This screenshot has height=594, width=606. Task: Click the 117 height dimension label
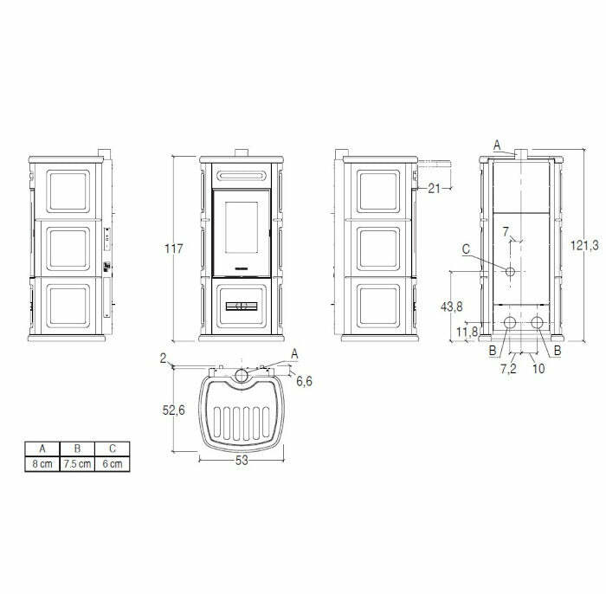point(173,249)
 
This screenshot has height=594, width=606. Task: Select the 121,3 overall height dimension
point(586,246)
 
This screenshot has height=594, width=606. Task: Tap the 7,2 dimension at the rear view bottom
point(508,368)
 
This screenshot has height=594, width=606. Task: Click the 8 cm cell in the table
point(42,464)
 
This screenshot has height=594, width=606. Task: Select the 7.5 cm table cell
point(78,464)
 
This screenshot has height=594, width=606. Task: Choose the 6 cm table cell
point(113,464)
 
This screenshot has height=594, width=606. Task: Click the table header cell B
point(78,449)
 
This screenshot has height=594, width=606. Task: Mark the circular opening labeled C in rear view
point(510,273)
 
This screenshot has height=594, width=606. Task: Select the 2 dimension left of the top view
point(163,357)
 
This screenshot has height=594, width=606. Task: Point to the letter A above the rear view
point(497,145)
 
